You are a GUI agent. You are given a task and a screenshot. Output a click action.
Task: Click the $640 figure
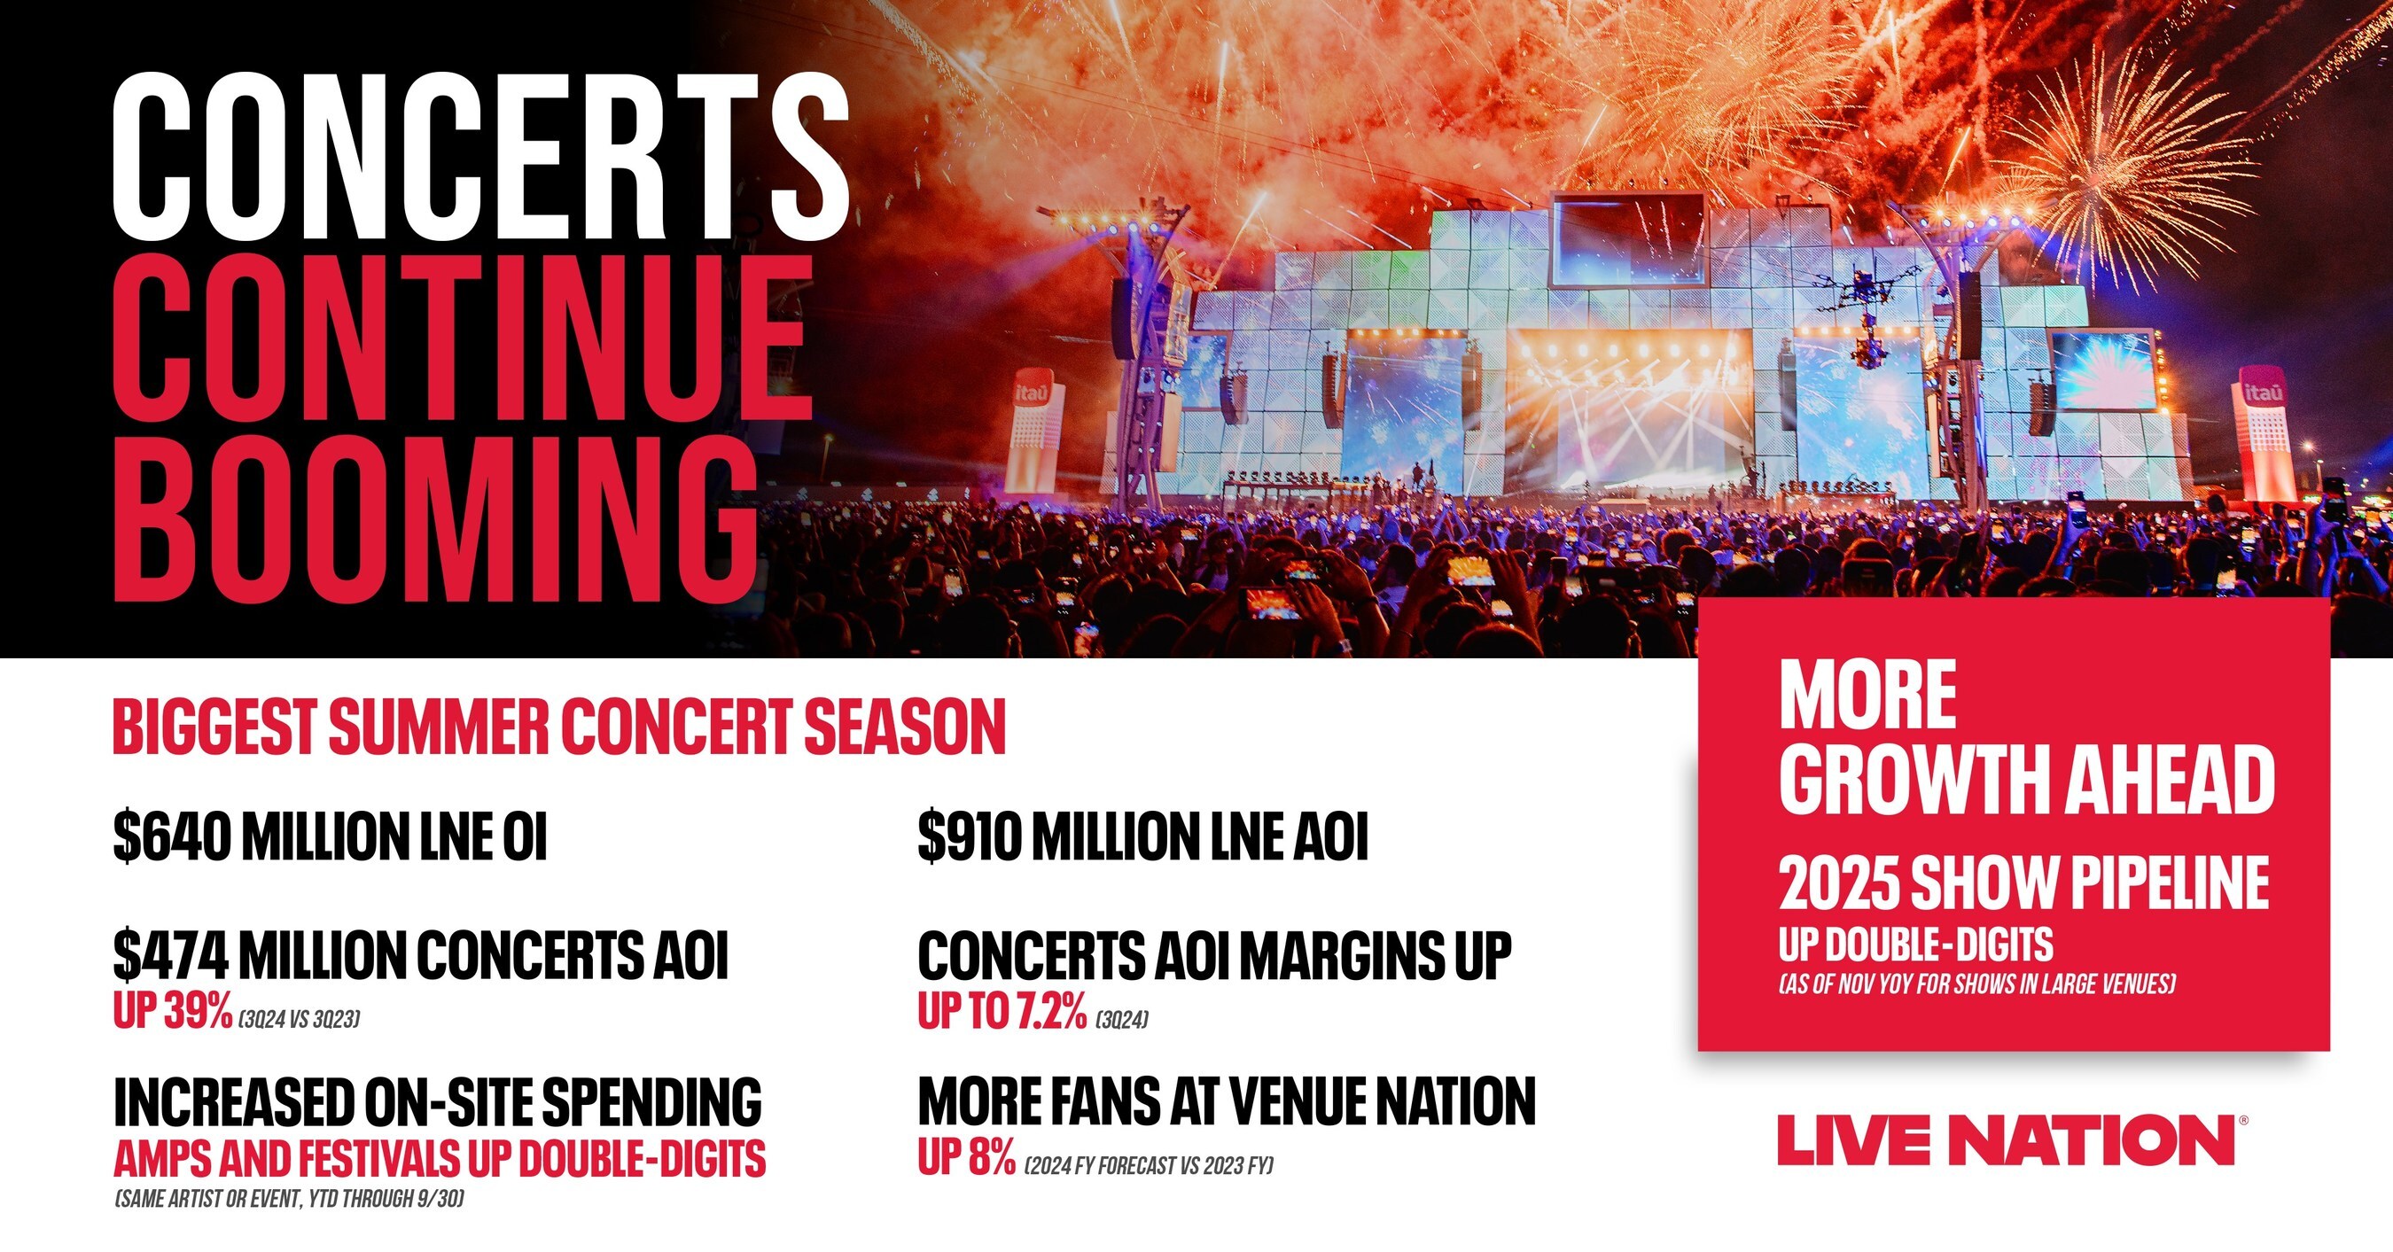click(x=171, y=836)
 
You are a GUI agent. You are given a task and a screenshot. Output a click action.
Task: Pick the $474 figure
click(x=171, y=954)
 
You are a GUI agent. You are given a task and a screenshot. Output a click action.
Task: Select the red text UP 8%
click(x=966, y=1157)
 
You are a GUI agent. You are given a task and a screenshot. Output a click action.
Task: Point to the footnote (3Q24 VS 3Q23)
click(x=300, y=1020)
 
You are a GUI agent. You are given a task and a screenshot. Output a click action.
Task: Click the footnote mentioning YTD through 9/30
click(x=289, y=1199)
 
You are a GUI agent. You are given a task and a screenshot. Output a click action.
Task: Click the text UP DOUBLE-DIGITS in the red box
click(x=1915, y=945)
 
